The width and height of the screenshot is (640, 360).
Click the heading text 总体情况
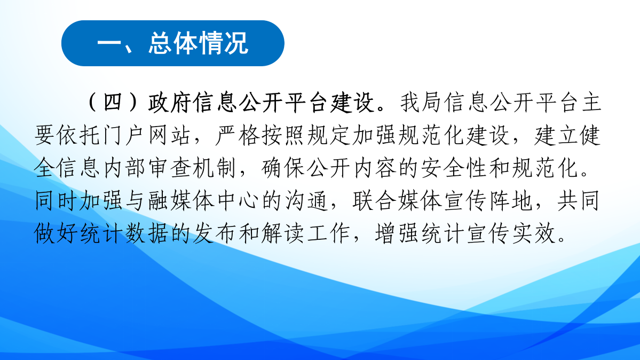199,44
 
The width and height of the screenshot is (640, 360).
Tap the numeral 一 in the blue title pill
110,44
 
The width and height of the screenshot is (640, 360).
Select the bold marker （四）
112,103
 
